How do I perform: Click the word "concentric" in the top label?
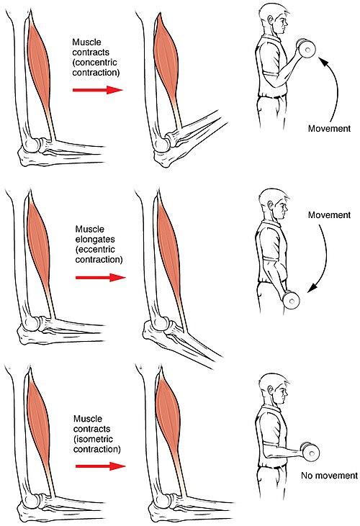(96, 63)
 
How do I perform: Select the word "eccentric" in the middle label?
(97, 250)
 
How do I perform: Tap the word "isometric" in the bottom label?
(95, 439)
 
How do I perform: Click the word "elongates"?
(95, 240)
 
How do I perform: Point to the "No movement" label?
(329, 476)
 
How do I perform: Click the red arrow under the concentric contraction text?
(98, 89)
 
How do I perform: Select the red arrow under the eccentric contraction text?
(101, 278)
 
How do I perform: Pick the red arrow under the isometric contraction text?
(101, 466)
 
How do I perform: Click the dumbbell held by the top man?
(306, 48)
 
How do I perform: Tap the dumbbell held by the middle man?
(291, 300)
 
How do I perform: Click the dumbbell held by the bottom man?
(310, 452)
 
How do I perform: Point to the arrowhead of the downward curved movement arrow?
(312, 288)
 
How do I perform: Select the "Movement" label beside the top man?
(329, 129)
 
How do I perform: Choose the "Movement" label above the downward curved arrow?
(329, 215)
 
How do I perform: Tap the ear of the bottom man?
(271, 389)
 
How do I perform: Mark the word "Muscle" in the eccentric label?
(89, 230)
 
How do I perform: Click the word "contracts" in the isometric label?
(91, 429)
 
